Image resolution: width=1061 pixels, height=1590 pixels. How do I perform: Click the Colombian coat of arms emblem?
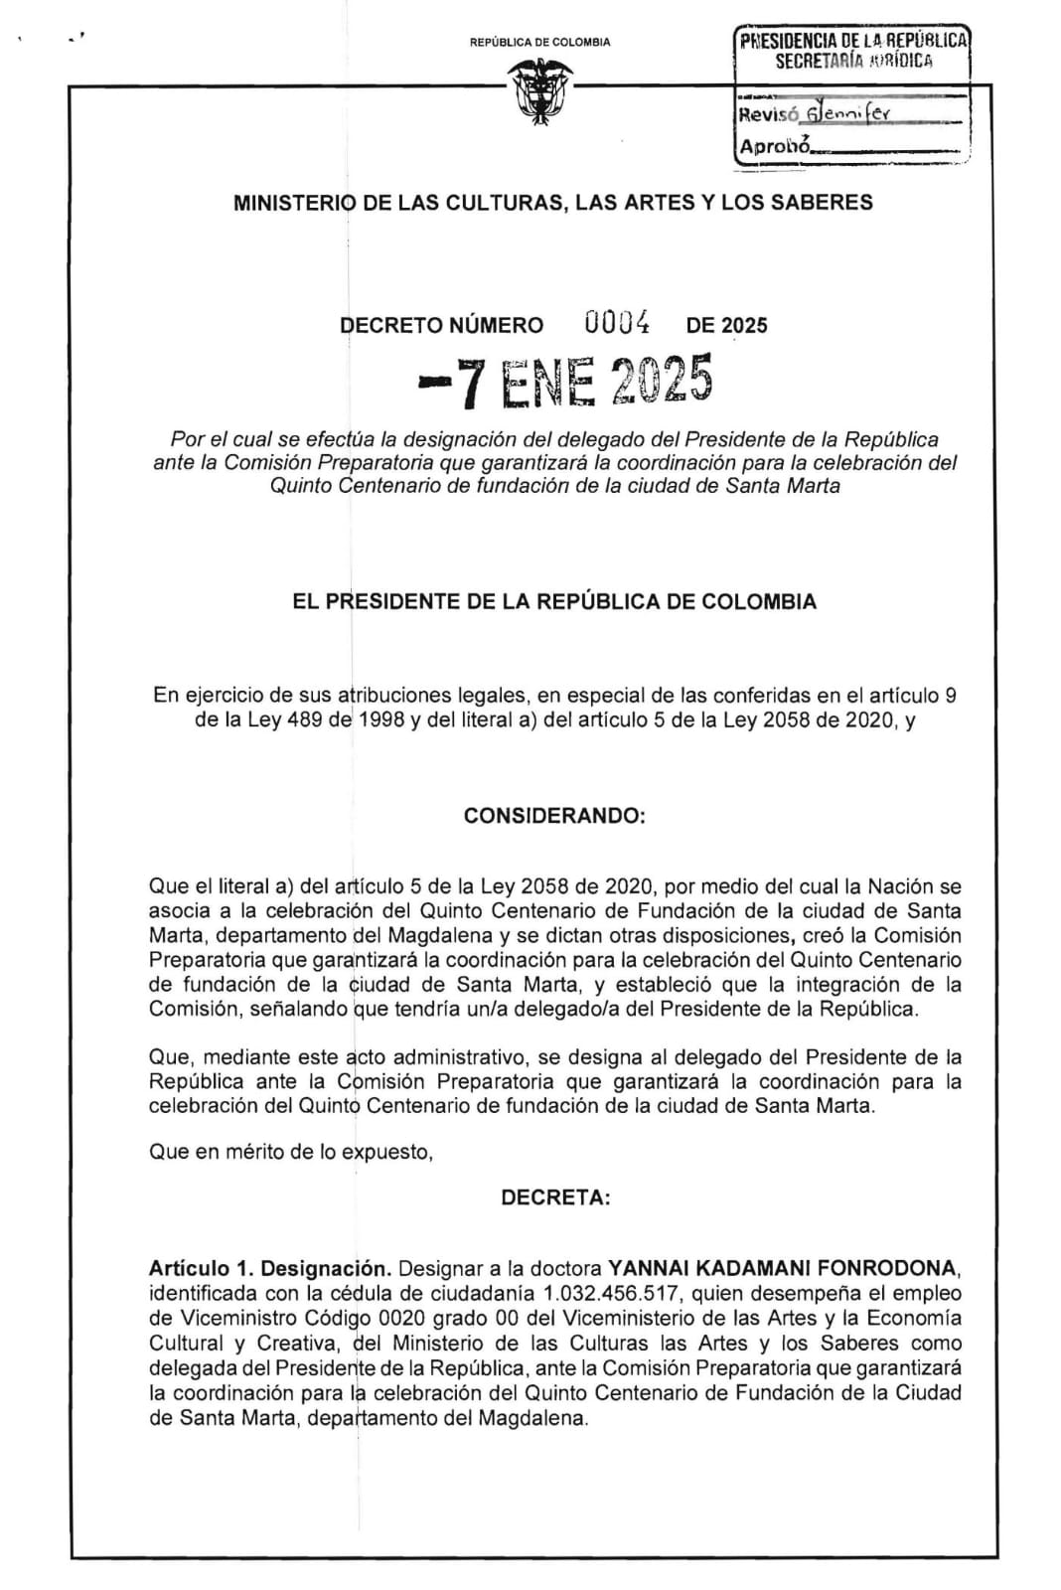click(x=539, y=92)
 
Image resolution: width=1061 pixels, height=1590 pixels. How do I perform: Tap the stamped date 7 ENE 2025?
click(x=566, y=381)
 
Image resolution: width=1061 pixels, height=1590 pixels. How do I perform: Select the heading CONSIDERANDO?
click(x=554, y=816)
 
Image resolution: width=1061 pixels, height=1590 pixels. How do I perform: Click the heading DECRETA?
click(x=555, y=1197)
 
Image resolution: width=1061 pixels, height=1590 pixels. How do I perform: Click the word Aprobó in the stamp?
click(x=774, y=147)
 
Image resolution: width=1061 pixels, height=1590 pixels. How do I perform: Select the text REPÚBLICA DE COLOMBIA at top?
click(x=539, y=42)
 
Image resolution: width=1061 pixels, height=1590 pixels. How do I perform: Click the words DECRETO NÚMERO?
click(x=442, y=325)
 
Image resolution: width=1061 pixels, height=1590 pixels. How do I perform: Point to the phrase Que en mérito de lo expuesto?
click(x=290, y=1153)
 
